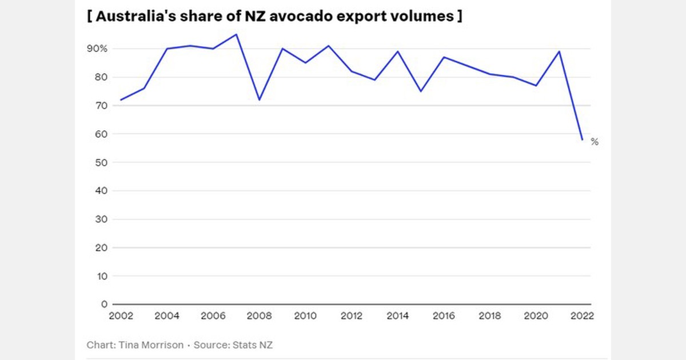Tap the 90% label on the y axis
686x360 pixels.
click(x=97, y=49)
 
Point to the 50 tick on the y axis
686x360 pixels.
click(x=101, y=163)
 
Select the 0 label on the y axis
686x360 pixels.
click(x=104, y=305)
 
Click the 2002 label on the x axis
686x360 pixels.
click(x=121, y=316)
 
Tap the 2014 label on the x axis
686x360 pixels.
click(x=397, y=316)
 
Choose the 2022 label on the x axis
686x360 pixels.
click(x=582, y=316)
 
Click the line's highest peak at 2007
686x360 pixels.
click(x=236, y=34)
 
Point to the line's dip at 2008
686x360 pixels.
click(x=259, y=100)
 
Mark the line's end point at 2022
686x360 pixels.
click(x=582, y=139)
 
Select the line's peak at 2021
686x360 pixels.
click(x=559, y=51)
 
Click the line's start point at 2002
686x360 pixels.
click(x=121, y=100)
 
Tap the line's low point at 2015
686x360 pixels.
click(x=421, y=91)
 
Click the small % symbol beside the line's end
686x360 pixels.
click(x=595, y=142)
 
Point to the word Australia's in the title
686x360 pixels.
click(x=134, y=16)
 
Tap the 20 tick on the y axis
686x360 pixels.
click(x=101, y=248)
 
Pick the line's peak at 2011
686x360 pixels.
click(x=328, y=46)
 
